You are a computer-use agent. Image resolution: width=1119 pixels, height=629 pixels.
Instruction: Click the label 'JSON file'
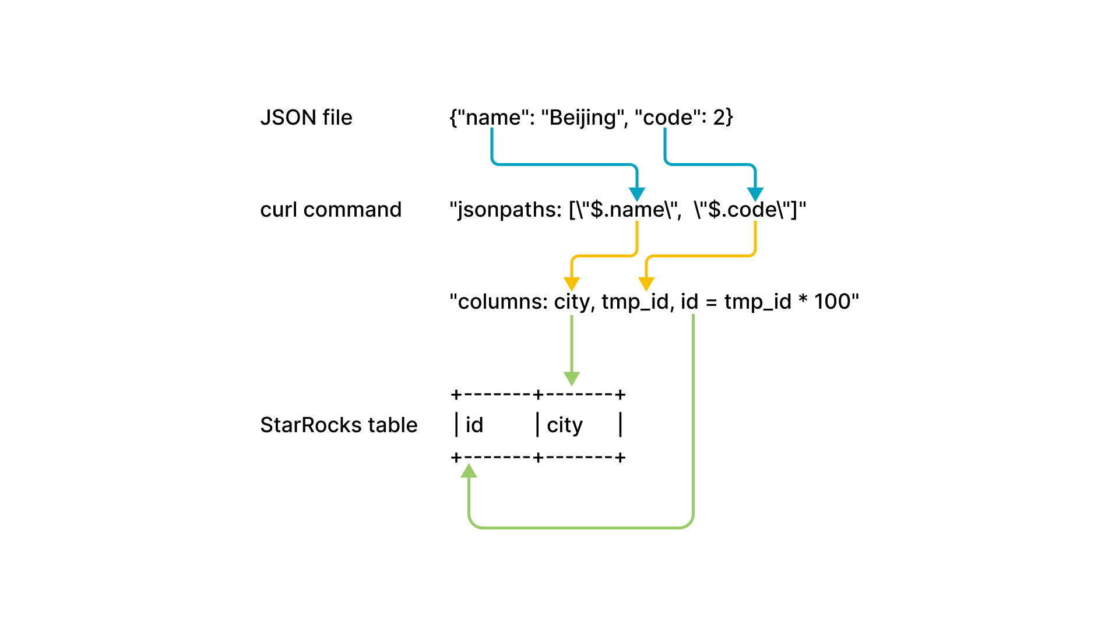[306, 118]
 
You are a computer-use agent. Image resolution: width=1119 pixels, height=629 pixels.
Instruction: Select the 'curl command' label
[330, 210]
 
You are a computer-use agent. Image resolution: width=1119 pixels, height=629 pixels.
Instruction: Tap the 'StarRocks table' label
[339, 425]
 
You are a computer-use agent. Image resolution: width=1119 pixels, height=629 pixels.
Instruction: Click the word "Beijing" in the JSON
[582, 118]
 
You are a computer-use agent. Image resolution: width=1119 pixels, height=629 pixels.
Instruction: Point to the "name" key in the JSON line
[493, 118]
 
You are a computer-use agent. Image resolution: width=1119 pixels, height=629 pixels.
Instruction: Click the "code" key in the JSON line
[668, 118]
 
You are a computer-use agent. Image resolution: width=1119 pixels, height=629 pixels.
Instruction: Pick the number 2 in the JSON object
[719, 118]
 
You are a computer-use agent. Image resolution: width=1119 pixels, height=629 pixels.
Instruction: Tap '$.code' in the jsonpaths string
[743, 210]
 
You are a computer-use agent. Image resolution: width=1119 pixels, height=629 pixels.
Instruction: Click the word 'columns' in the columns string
[502, 302]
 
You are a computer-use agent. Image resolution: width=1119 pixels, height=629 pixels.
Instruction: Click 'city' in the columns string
[572, 302]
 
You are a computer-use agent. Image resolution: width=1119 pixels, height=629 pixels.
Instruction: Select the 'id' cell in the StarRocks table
[474, 425]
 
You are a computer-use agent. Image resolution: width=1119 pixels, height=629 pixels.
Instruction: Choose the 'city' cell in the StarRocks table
[564, 425]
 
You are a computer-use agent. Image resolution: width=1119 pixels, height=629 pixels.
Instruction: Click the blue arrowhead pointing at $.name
[637, 195]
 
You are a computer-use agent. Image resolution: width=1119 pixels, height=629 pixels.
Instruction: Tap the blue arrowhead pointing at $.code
[755, 195]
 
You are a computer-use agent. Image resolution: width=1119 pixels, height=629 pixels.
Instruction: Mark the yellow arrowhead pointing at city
[572, 284]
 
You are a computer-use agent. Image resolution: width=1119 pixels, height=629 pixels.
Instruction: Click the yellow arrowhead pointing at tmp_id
[646, 284]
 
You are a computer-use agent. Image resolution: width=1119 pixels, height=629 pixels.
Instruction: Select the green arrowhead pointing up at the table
[469, 471]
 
